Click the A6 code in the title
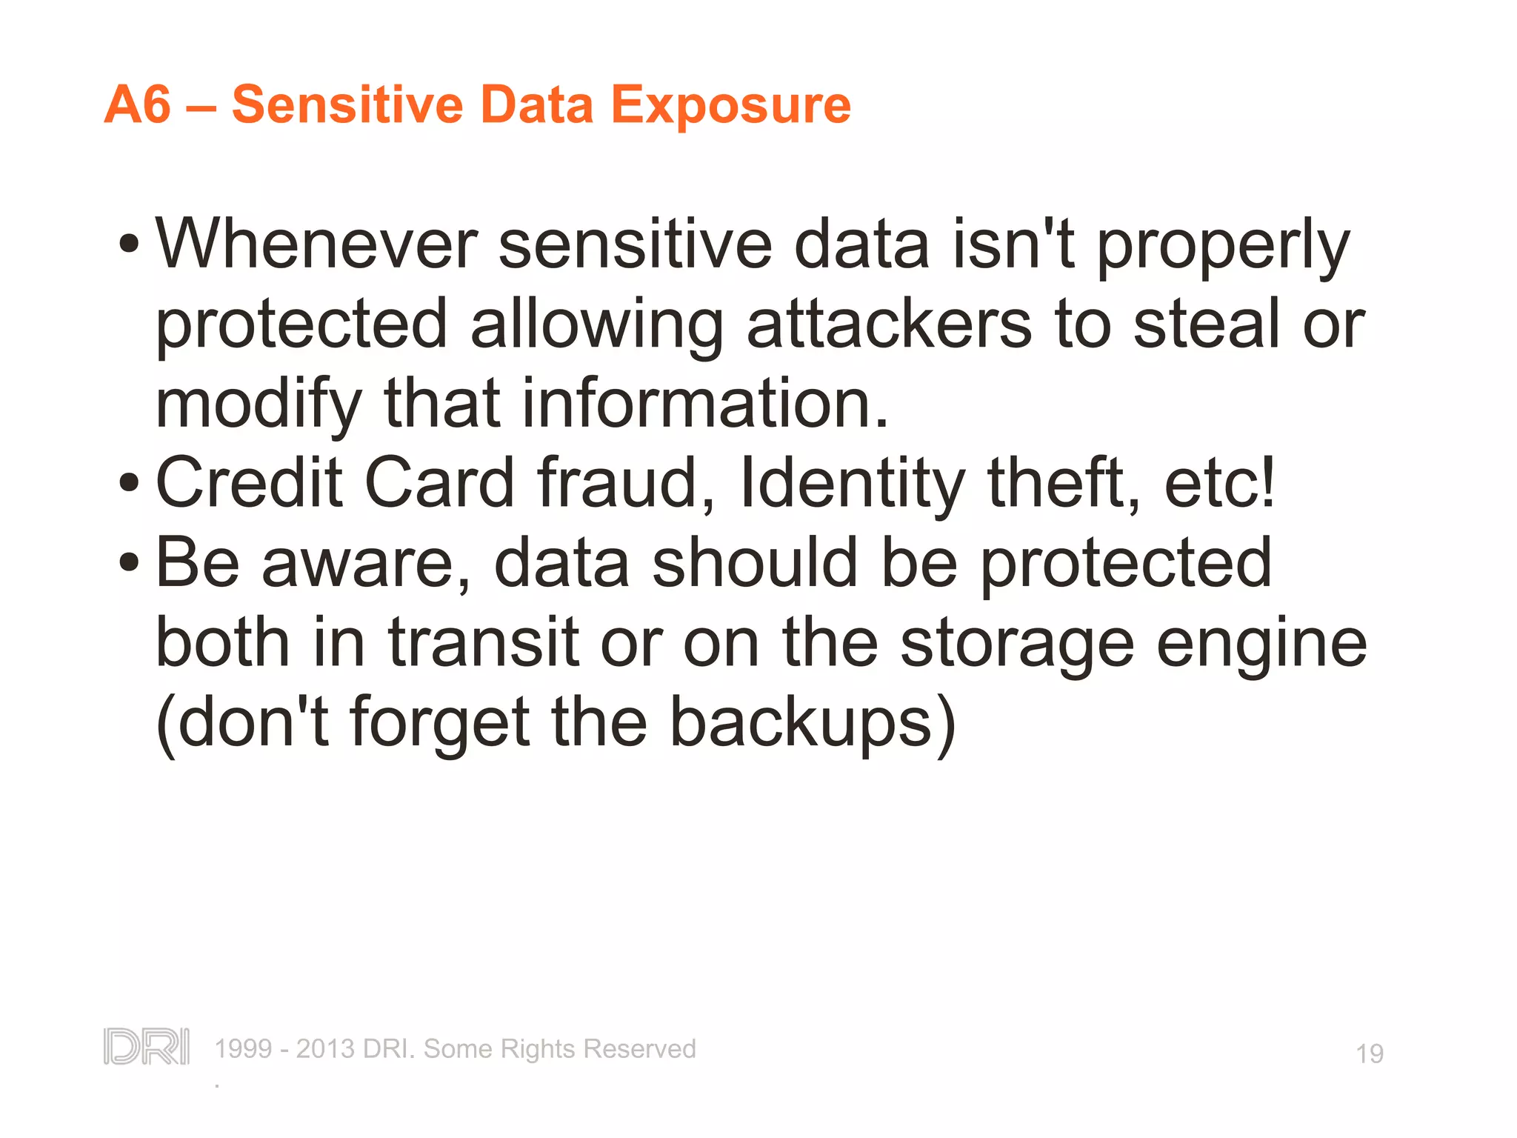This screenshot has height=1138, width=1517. (138, 104)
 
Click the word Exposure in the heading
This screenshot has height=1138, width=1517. (730, 104)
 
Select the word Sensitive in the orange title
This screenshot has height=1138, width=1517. (347, 104)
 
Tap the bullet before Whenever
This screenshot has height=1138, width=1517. (129, 244)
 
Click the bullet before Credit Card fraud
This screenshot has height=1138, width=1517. (129, 483)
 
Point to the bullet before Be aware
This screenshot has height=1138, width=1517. (129, 563)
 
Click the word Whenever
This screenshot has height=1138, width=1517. (316, 244)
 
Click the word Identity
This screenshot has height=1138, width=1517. (852, 483)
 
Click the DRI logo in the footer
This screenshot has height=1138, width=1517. (147, 1047)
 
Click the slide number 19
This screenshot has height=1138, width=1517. (1369, 1054)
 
